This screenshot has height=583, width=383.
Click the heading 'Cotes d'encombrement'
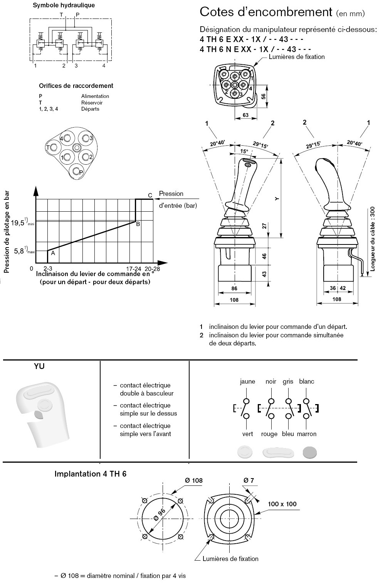[266, 12]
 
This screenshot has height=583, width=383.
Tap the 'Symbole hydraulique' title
[64, 5]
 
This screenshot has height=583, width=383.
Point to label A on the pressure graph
[53, 253]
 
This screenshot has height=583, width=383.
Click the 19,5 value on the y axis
[17, 223]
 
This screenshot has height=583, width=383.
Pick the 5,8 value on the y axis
[19, 251]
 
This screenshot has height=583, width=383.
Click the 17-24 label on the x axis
[134, 269]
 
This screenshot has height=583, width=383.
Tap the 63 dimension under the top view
[245, 115]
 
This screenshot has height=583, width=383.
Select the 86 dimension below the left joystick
[234, 288]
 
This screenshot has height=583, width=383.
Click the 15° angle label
[244, 151]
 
